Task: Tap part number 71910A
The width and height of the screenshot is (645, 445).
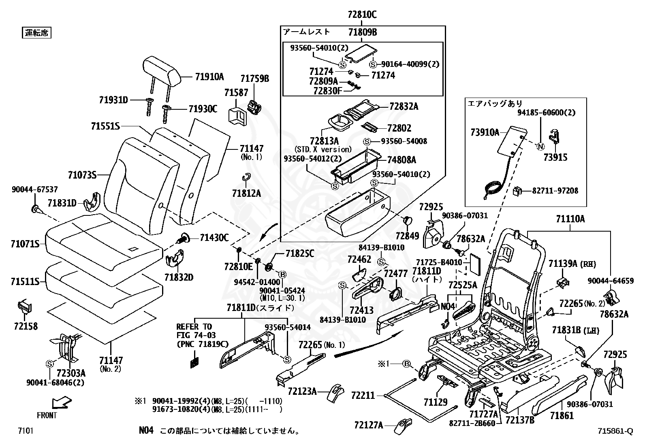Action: pos(209,77)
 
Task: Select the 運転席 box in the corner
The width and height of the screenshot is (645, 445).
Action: pos(36,33)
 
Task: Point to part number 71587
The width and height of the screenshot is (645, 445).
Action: pos(236,93)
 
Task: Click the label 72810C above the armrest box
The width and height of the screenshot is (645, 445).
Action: pos(362,15)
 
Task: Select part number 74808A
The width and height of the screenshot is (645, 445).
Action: pos(402,160)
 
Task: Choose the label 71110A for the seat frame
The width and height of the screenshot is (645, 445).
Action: pos(570,219)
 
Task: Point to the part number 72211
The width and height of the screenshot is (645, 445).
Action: pos(363,394)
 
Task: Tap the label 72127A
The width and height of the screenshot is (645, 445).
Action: pos(368,425)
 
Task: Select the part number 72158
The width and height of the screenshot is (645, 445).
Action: pos(26,326)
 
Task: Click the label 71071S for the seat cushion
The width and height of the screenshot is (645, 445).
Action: pos(25,244)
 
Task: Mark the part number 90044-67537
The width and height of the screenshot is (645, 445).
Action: pos(34,189)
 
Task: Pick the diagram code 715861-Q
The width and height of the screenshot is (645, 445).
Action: pos(615,431)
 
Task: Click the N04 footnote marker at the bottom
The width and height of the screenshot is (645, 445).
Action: pos(146,430)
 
